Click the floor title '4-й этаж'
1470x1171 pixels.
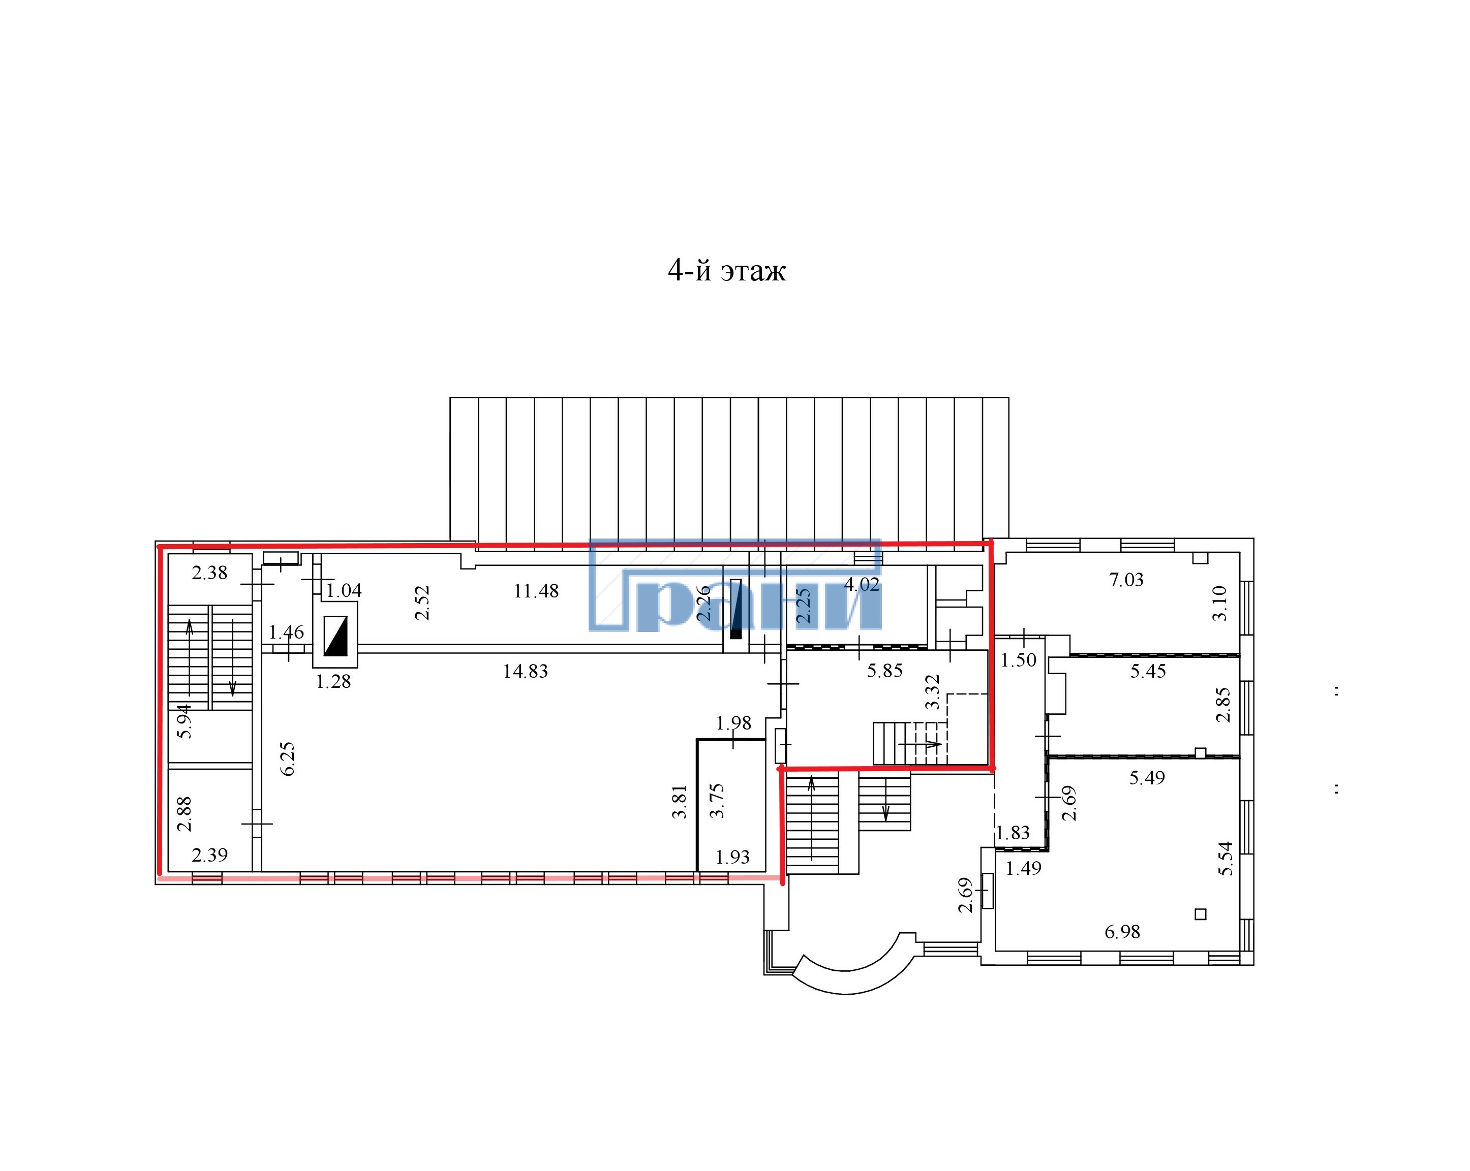727,271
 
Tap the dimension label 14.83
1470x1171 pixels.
525,672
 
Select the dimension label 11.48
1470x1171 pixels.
536,591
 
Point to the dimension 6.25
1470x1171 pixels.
288,758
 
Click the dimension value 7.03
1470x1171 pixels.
1126,580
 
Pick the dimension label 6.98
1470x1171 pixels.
1122,932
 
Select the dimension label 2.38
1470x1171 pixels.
209,573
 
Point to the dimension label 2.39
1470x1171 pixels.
209,854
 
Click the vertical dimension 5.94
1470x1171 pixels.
184,721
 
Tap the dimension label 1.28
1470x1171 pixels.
333,682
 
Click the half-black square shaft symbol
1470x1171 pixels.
335,636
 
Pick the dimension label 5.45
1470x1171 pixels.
1148,672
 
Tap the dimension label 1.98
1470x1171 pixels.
733,723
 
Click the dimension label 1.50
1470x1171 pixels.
1019,660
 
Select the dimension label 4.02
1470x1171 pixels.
862,585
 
